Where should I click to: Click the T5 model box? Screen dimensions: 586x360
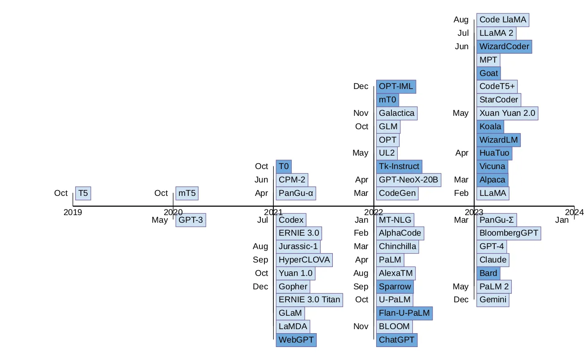tap(83, 193)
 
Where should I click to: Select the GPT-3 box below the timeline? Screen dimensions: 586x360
tap(191, 220)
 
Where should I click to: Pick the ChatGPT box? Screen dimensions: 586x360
tap(396, 340)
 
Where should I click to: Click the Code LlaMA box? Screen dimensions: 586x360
tap(503, 20)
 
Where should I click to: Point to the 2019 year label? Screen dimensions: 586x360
tap(73, 212)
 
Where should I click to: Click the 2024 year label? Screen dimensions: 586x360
tap(574, 212)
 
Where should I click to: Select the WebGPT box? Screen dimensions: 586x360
tap(296, 340)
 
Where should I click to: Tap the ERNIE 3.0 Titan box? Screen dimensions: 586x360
tap(309, 300)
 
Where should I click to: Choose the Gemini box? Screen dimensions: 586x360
tap(493, 300)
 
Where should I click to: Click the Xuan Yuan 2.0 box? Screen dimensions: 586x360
tap(507, 113)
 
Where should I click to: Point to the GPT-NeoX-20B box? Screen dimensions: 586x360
tap(408, 180)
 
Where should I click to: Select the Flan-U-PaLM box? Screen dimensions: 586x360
tap(404, 313)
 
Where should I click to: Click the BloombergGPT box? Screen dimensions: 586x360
tap(509, 233)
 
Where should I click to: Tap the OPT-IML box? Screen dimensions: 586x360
tap(396, 86)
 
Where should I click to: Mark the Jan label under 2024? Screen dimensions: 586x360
tap(562, 220)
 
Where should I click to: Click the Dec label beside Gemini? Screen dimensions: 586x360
tap(461, 300)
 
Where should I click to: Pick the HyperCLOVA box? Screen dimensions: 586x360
tap(304, 260)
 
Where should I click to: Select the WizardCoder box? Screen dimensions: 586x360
tap(504, 47)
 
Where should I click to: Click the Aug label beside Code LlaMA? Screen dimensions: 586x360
tap(461, 20)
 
